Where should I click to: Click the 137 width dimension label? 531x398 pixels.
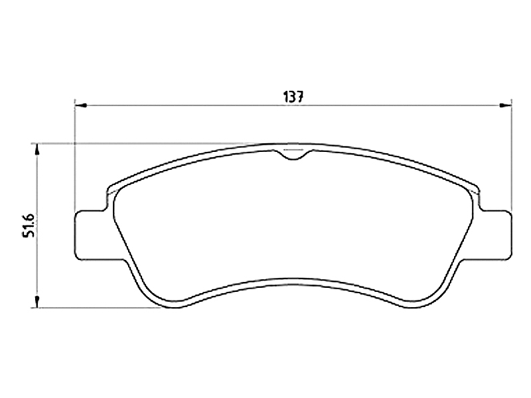292,97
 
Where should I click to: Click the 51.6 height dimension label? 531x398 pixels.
29,225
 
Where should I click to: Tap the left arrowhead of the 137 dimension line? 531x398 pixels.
81,105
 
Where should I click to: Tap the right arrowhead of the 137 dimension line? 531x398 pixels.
505,105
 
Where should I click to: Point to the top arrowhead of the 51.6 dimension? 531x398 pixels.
37,151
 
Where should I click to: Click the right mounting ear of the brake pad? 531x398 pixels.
494,235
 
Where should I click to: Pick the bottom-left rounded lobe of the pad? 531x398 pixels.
166,298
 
